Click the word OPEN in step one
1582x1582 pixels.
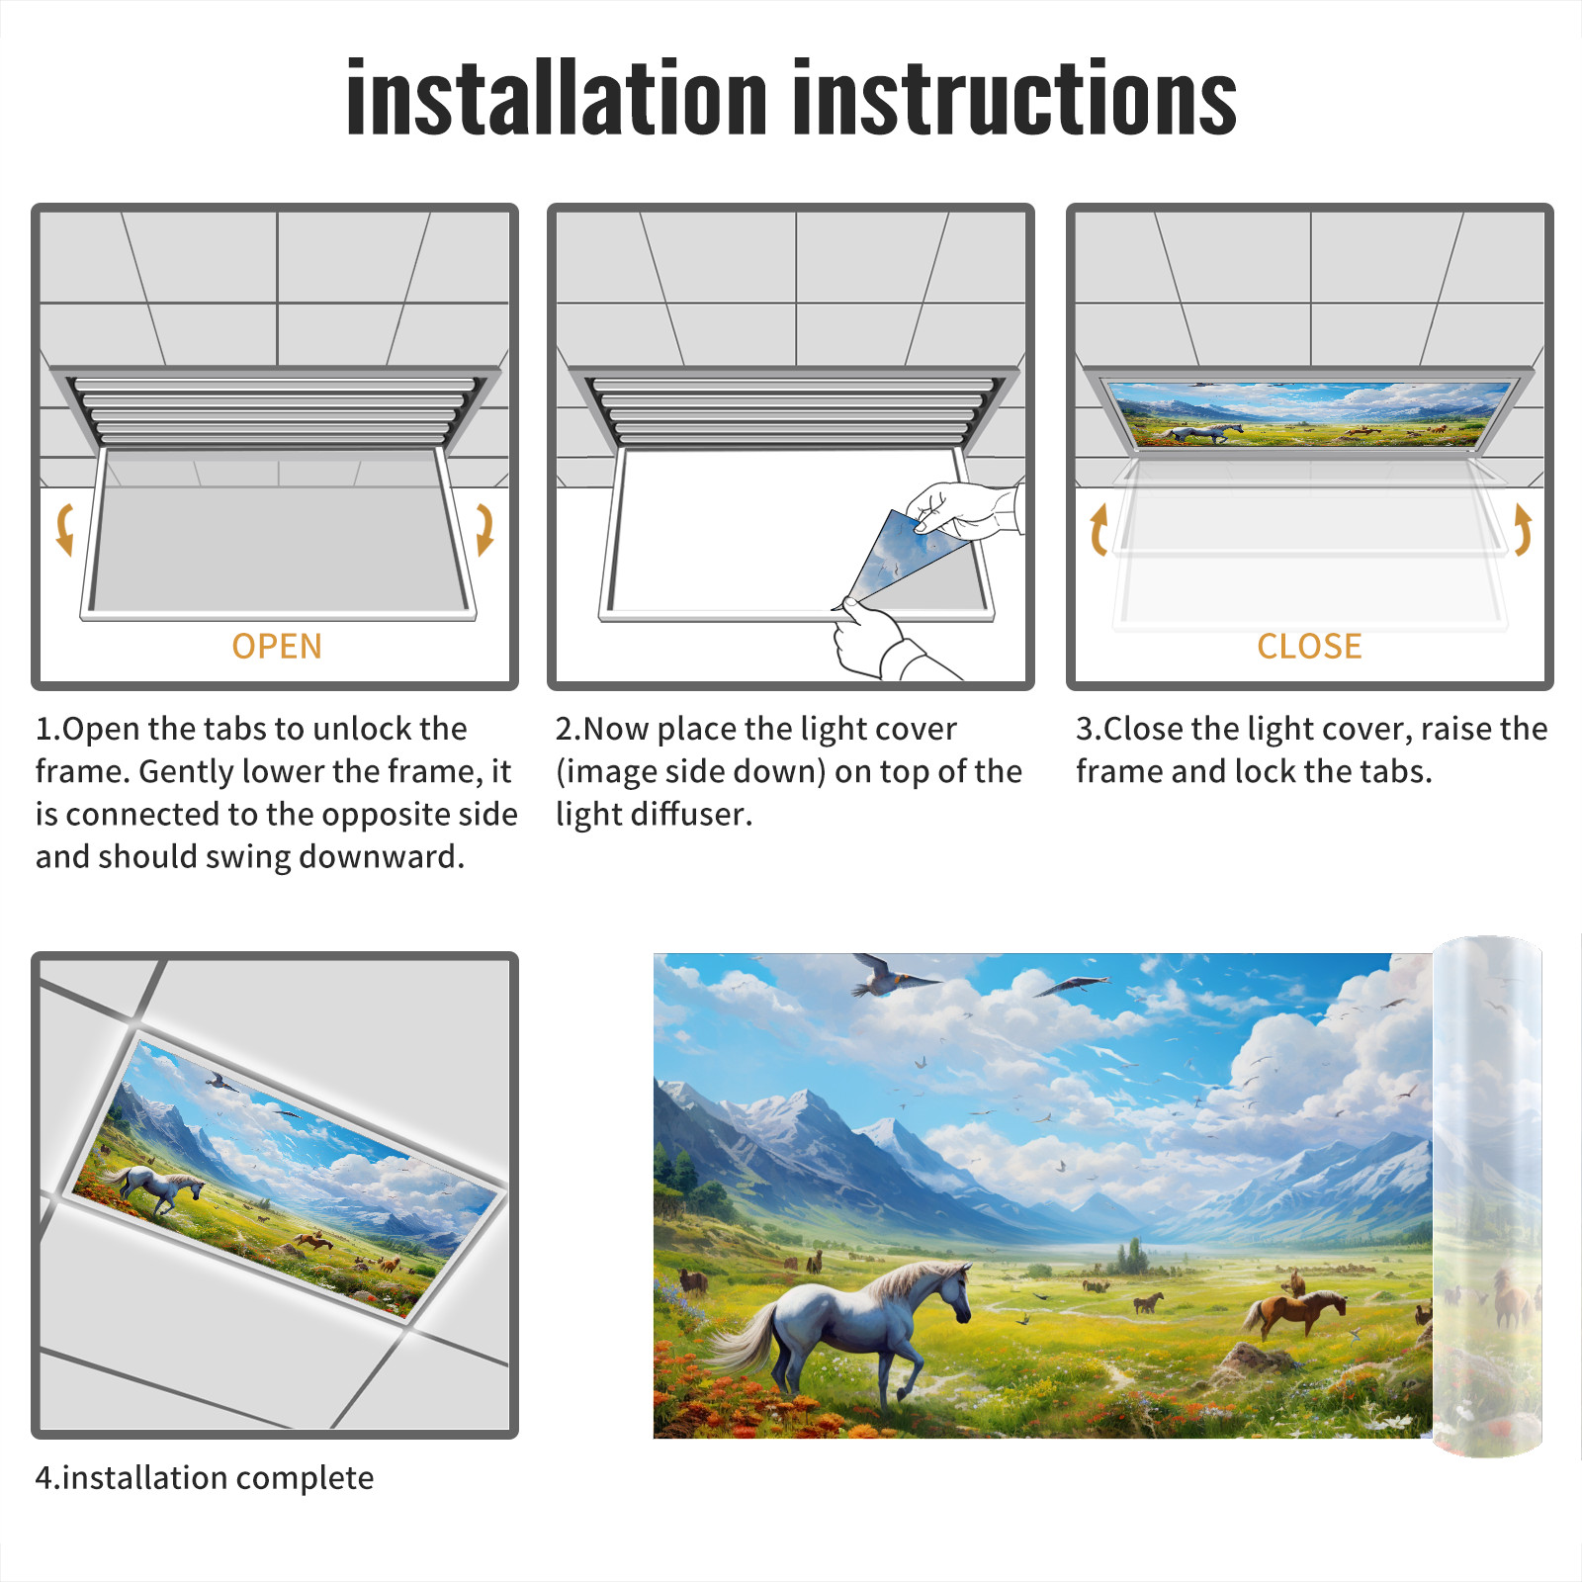point(277,647)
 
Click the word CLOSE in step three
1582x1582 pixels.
point(1309,647)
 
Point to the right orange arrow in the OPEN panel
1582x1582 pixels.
point(485,529)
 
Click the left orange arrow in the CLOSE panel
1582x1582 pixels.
point(1098,529)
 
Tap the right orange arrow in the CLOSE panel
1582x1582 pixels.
point(1524,529)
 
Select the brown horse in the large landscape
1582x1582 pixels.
point(1295,1311)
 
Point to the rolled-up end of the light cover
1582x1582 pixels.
point(1487,1196)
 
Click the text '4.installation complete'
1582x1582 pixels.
point(205,1478)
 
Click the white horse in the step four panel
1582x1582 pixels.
point(158,1186)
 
